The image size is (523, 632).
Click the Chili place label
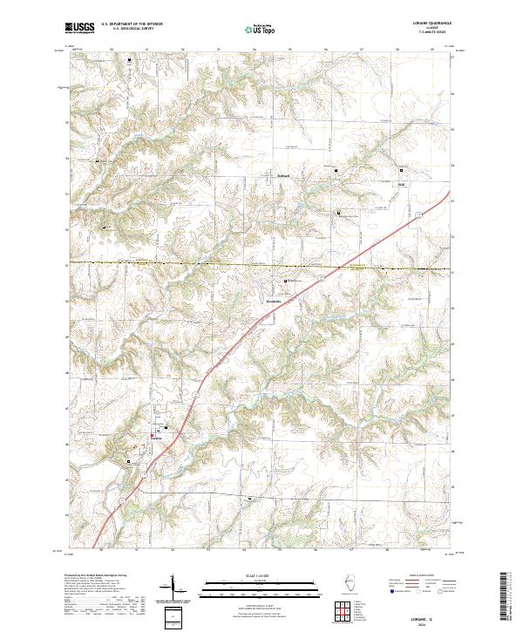pyautogui.click(x=402, y=185)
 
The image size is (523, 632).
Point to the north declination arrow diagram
pyautogui.click(x=171, y=593)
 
